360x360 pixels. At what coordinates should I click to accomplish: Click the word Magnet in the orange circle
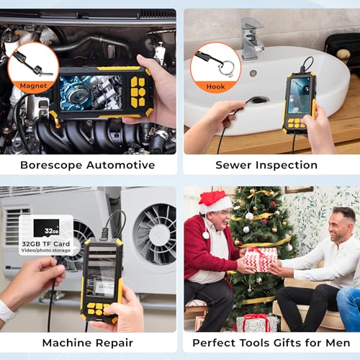pos(33,86)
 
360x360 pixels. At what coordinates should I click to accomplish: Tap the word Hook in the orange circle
pos(215,86)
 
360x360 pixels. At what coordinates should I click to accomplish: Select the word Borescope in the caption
pos(52,166)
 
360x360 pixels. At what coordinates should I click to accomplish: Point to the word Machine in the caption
pos(63,343)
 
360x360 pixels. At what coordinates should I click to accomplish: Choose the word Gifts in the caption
pos(287,343)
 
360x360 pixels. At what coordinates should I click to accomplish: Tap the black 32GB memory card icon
pos(46,228)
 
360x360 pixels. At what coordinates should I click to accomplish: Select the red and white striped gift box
pos(261,260)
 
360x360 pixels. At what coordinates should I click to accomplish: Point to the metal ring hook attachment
pos(226,68)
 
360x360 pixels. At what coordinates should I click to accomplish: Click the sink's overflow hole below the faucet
pos(253,73)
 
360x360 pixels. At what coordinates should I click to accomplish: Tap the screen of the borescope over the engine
pos(91,93)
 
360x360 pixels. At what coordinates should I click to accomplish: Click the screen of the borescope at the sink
pos(300,96)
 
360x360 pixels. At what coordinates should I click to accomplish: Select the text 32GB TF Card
pos(46,244)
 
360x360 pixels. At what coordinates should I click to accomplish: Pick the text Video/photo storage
pos(46,251)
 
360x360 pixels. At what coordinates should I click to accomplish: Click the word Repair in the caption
pos(111,343)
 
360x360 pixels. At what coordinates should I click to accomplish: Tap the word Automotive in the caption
pos(121,165)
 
